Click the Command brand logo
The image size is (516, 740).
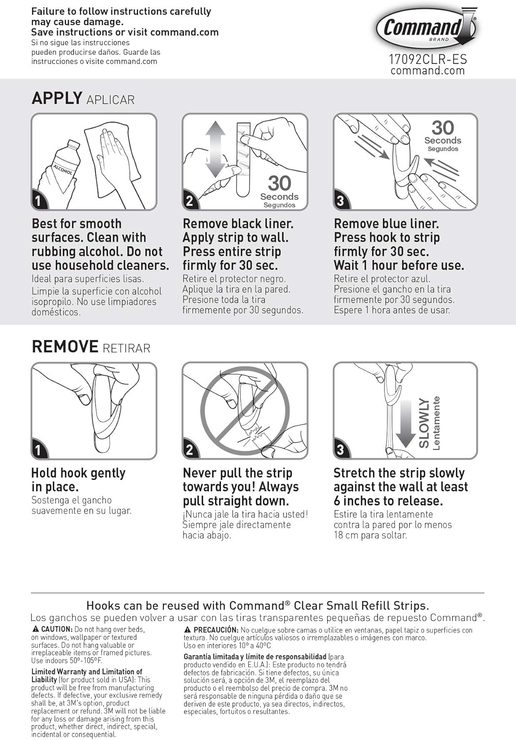coord(426,30)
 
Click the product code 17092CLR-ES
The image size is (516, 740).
coord(428,60)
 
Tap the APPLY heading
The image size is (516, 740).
coord(57,98)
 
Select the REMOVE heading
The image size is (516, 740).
coord(65,346)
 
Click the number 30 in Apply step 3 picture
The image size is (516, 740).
coord(442,127)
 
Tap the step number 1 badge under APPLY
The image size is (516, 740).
coord(38,201)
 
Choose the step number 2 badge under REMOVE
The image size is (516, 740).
coord(189,449)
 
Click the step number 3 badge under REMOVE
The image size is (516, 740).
coord(340,449)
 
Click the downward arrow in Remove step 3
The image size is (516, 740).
coord(405,424)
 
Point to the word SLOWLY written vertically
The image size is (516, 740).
coord(424,423)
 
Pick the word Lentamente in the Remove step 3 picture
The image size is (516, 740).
coord(436,423)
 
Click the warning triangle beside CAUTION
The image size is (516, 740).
coord(35,629)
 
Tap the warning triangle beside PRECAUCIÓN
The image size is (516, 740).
coord(187,629)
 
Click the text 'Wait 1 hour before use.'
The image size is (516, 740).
coord(399,265)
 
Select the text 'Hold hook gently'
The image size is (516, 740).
coord(78,474)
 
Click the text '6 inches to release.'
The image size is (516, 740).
coord(388,501)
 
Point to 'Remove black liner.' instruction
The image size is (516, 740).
coord(238,223)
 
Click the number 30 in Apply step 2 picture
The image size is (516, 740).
coord(280,183)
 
